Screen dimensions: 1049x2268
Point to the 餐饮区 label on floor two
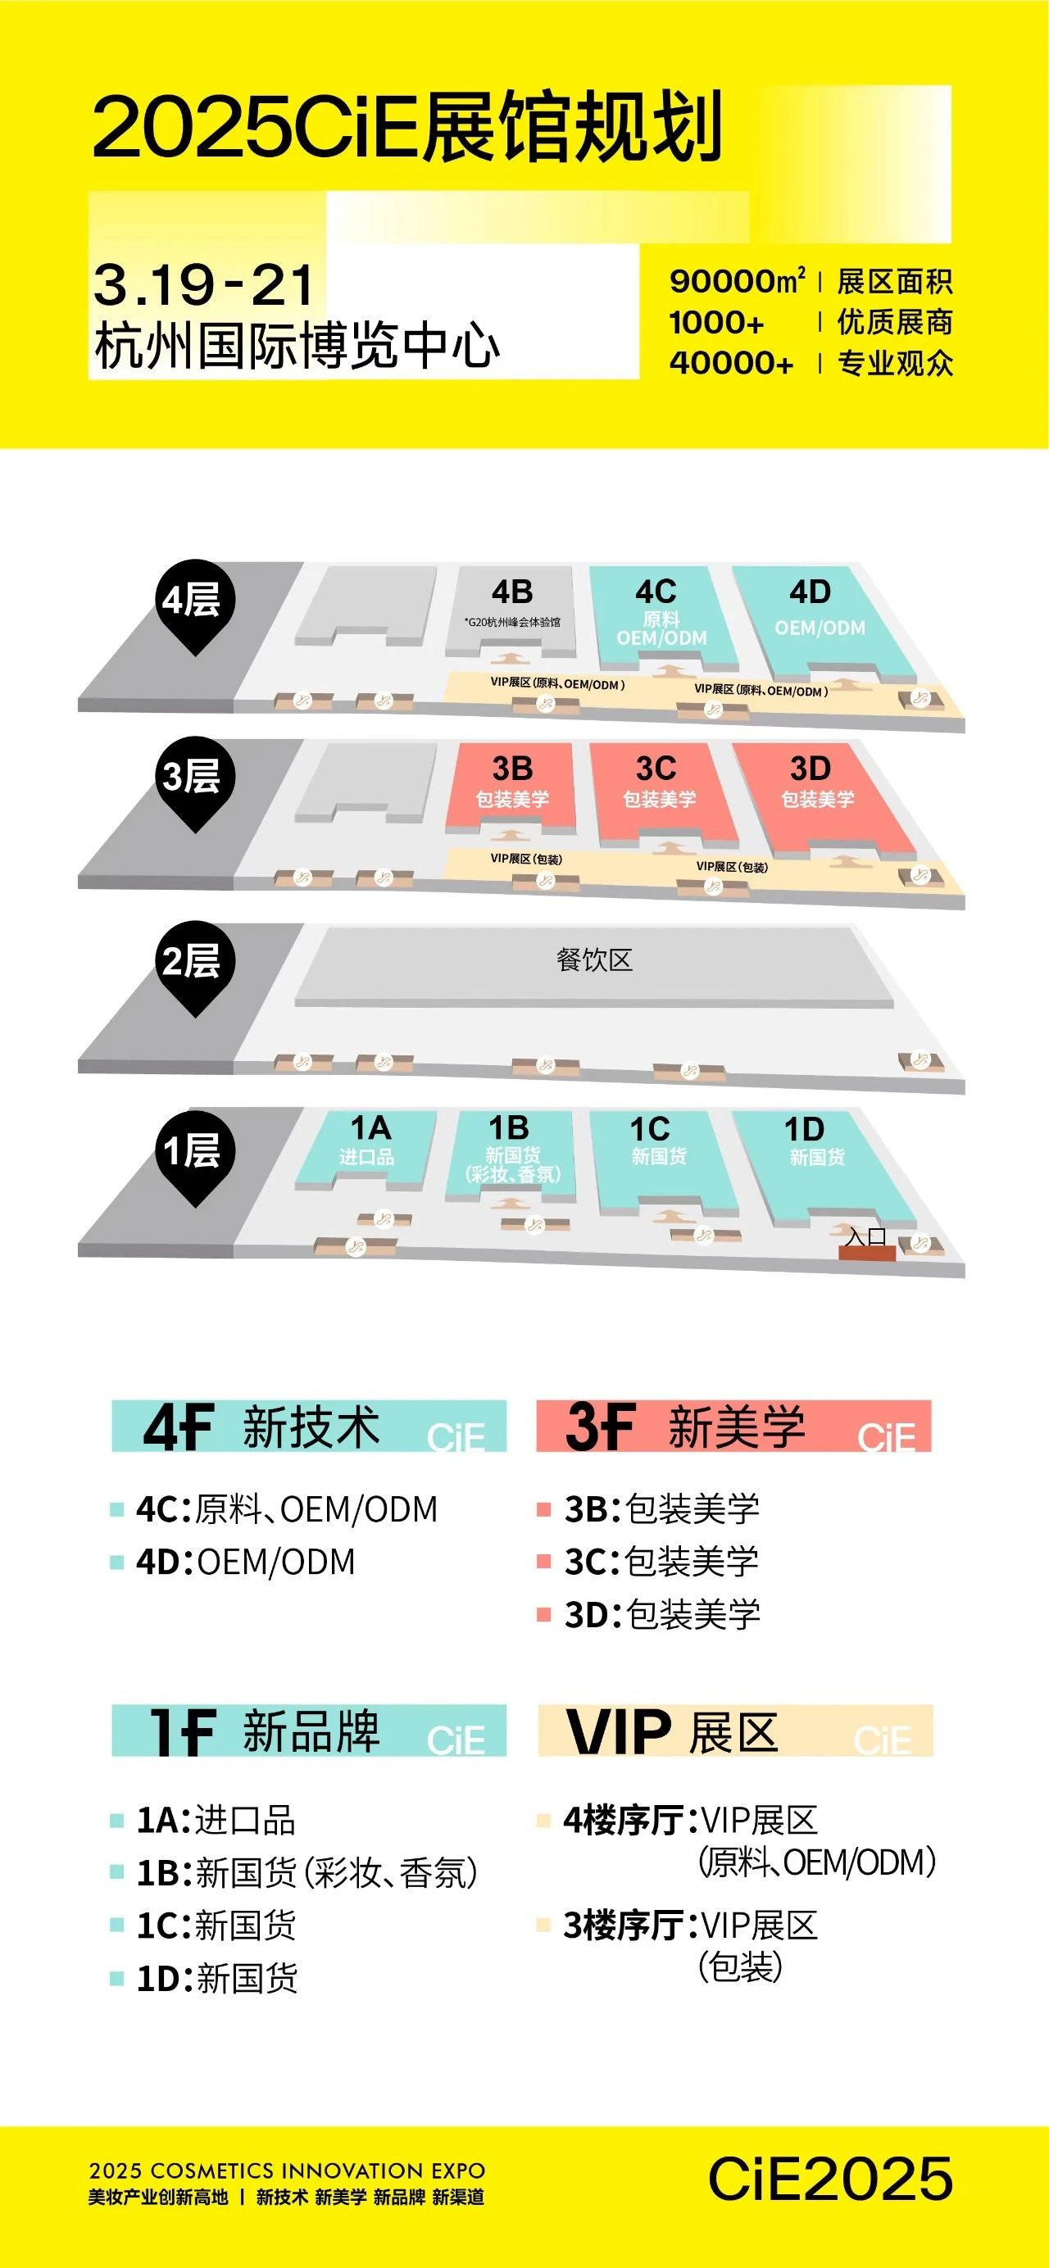(594, 959)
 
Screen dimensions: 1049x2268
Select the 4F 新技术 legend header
(309, 1426)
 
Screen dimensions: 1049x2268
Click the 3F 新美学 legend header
(733, 1426)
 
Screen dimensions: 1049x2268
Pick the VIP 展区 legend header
(735, 1730)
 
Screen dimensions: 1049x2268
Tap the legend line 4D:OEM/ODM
(245, 1561)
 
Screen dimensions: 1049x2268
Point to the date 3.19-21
(203, 284)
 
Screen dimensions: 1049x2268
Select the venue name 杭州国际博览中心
(297, 346)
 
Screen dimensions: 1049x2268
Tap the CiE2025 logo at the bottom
(830, 2178)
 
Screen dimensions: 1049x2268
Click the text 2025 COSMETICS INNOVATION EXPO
(287, 2171)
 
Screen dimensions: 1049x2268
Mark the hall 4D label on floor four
(810, 592)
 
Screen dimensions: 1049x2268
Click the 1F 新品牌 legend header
(309, 1730)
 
